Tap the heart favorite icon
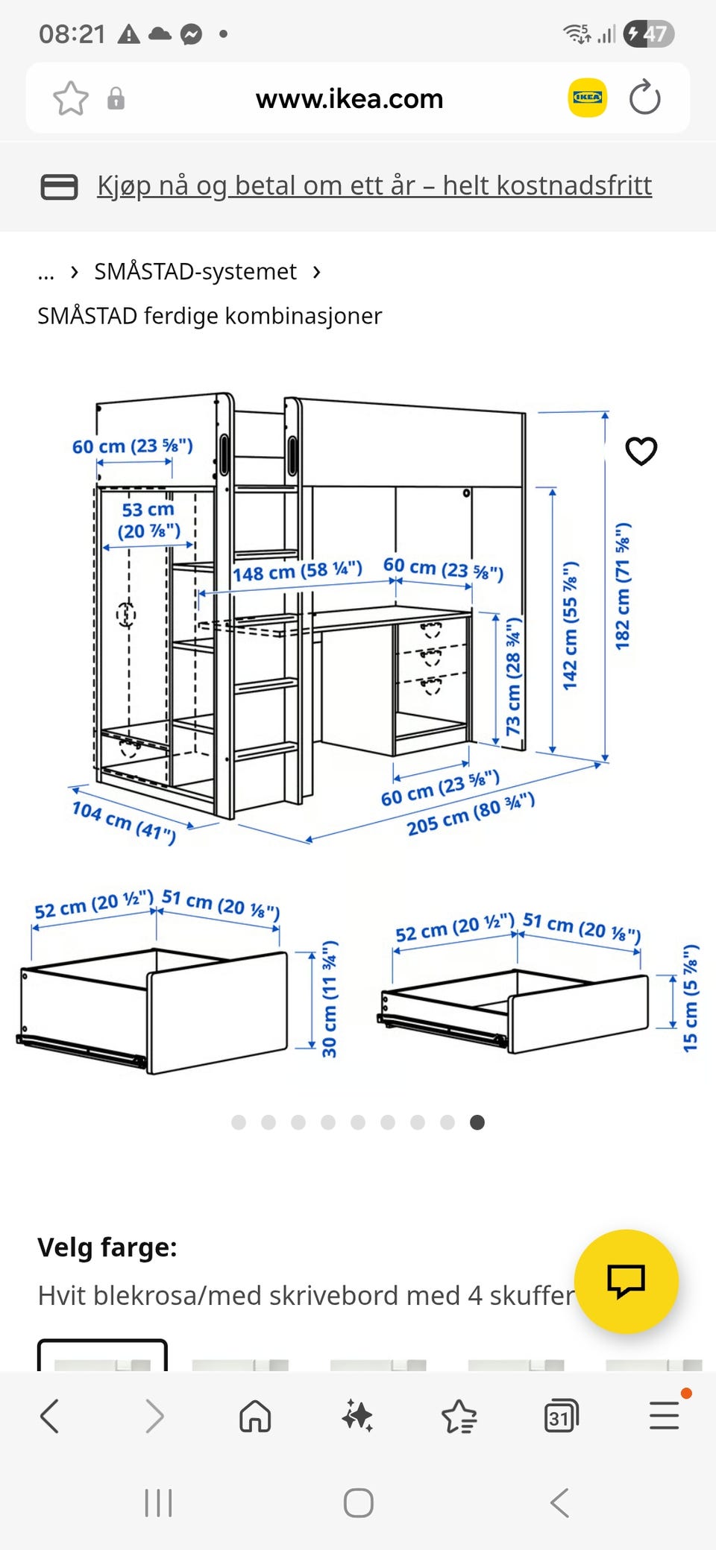(x=641, y=451)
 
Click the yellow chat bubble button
(x=626, y=1281)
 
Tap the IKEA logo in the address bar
(x=588, y=98)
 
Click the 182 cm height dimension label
(x=623, y=586)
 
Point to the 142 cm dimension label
(x=571, y=626)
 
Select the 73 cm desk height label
(x=514, y=677)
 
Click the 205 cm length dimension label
(x=471, y=814)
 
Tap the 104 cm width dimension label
(x=124, y=822)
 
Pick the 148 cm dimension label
(x=297, y=572)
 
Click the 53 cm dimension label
(x=148, y=520)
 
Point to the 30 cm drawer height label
(x=329, y=999)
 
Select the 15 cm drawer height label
(x=691, y=999)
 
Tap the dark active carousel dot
(x=477, y=1122)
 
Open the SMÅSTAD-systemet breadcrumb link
(x=195, y=271)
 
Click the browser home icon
(x=255, y=1416)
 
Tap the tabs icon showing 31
(x=561, y=1416)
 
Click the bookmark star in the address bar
(x=71, y=98)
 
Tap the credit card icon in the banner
(x=59, y=186)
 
